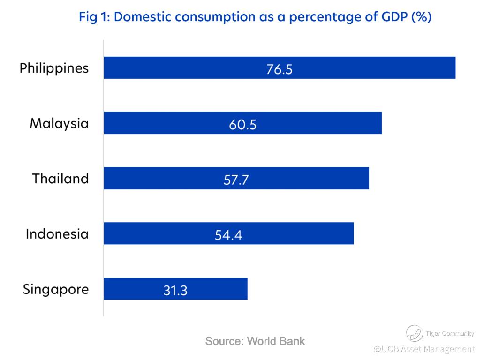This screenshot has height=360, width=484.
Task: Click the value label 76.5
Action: click(x=279, y=69)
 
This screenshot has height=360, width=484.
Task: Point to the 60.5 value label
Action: click(x=243, y=125)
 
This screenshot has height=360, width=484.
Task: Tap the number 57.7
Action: click(x=236, y=180)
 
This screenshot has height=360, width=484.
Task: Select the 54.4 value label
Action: click(x=228, y=235)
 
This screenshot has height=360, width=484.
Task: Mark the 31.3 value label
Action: click(x=175, y=290)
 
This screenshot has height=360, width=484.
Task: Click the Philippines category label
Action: click(x=54, y=68)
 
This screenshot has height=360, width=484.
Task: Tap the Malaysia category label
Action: click(x=59, y=124)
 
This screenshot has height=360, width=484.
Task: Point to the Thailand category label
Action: click(x=60, y=179)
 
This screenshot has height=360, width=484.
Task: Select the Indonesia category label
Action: click(x=57, y=233)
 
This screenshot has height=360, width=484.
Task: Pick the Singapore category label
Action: click(x=56, y=289)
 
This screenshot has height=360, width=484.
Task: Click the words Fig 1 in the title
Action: click(x=94, y=17)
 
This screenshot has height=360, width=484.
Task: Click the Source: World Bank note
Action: click(x=255, y=341)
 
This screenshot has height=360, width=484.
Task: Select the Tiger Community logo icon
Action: click(x=414, y=333)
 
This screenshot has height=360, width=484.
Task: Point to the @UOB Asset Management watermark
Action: click(x=424, y=349)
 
